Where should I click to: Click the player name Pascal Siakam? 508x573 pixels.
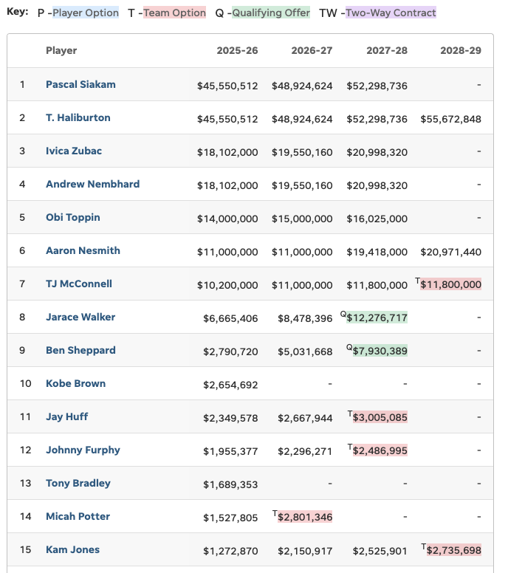pyautogui.click(x=80, y=85)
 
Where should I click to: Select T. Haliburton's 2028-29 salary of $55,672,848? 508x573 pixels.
pyautogui.click(x=450, y=118)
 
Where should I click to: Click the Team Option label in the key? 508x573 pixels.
pyautogui.click(x=174, y=13)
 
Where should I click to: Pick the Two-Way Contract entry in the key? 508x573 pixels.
pyautogui.click(x=391, y=13)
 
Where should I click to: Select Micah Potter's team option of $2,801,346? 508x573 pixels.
pyautogui.click(x=305, y=517)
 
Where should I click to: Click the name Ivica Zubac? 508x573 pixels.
pyautogui.click(x=74, y=151)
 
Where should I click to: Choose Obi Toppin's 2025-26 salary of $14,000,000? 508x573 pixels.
pyautogui.click(x=227, y=218)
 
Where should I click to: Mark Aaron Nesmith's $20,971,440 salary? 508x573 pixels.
pyautogui.click(x=450, y=251)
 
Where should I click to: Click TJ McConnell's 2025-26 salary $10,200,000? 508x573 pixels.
pyautogui.click(x=227, y=284)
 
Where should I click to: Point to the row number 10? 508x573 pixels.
pyautogui.click(x=25, y=384)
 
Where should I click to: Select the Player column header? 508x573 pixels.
pyautogui.click(x=61, y=51)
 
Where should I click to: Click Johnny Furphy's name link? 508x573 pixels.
pyautogui.click(x=83, y=450)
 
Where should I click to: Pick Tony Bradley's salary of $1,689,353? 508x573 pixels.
pyautogui.click(x=230, y=484)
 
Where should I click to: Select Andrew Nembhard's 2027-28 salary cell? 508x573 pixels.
pyautogui.click(x=377, y=185)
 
